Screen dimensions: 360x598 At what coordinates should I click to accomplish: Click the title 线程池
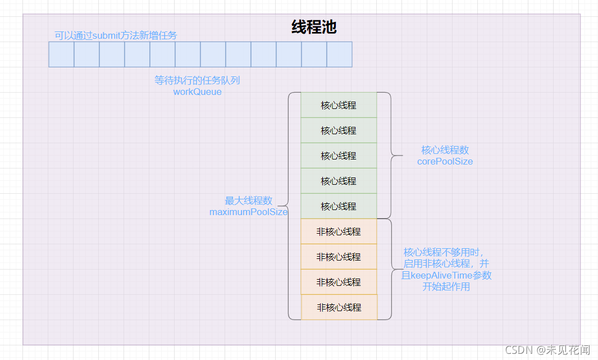tap(314, 27)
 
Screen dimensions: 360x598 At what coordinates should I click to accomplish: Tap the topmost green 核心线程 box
tap(339, 105)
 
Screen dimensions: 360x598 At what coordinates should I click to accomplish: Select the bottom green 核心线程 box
tap(339, 206)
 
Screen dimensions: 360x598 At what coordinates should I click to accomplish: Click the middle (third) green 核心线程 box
tap(339, 156)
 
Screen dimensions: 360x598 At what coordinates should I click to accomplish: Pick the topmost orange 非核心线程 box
tap(339, 231)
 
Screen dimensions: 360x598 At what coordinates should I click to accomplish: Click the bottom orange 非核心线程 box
tap(339, 307)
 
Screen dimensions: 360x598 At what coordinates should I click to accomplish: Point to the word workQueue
tap(197, 92)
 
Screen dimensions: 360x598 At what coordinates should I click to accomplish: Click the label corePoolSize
tap(445, 161)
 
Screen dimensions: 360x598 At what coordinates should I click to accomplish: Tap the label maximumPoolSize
tap(249, 212)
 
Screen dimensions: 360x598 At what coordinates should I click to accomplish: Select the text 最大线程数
tap(249, 200)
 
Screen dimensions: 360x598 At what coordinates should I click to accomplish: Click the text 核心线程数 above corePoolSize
tap(445, 150)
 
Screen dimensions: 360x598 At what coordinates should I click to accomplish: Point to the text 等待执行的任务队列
tap(197, 80)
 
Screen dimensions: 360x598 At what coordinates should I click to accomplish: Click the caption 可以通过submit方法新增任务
tap(116, 35)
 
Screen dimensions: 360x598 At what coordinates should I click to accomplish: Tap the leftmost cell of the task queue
tap(61, 54)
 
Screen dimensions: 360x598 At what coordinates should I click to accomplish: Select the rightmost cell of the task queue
tap(339, 54)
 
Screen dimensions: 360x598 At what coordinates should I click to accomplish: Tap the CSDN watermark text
tap(547, 349)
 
